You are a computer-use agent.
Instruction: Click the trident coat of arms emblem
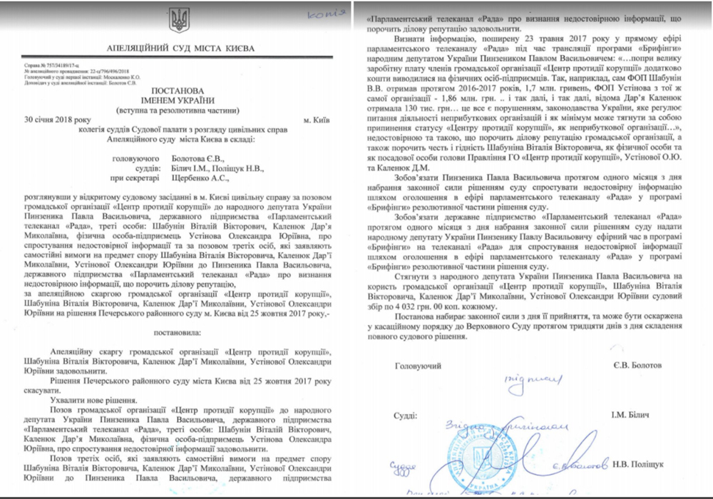pyautogui.click(x=177, y=19)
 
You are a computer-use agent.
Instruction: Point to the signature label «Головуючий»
pyautogui.click(x=416, y=365)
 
